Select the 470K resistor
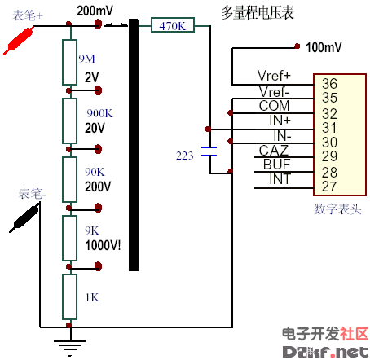(x=173, y=26)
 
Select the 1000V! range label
(x=103, y=244)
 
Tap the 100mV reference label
(x=324, y=46)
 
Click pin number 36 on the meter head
(x=329, y=84)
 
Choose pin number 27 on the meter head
(x=329, y=187)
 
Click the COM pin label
(x=274, y=106)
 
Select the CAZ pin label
(x=274, y=150)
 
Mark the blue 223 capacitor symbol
(x=209, y=152)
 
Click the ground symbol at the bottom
(x=69, y=347)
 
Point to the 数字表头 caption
(x=337, y=209)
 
